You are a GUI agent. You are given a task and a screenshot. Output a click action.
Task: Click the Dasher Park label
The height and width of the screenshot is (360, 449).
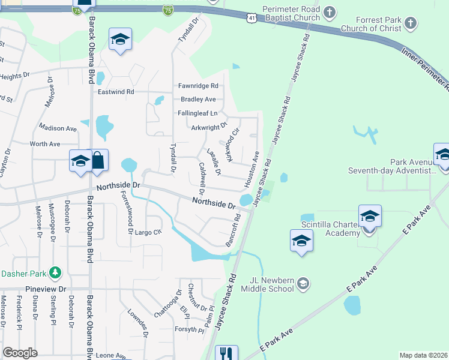[24, 274]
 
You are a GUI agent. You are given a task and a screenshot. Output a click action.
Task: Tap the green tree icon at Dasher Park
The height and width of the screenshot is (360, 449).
[55, 274]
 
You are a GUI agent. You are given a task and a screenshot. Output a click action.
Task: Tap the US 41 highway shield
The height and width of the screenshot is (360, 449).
[252, 19]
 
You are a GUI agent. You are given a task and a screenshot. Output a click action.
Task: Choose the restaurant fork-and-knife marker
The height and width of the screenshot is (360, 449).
[226, 353]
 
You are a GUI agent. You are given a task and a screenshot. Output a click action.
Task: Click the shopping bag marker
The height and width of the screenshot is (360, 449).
[97, 161]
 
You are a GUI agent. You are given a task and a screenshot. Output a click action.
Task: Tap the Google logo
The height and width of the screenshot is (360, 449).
[20, 353]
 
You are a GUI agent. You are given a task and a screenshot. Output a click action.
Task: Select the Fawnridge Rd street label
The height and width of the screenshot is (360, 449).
[197, 86]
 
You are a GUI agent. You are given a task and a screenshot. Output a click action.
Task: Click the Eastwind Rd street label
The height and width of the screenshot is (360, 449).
[116, 92]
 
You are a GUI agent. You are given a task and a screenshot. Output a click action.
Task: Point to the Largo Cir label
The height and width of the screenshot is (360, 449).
[148, 232]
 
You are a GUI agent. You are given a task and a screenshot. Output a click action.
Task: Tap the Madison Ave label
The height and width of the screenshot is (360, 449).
[58, 128]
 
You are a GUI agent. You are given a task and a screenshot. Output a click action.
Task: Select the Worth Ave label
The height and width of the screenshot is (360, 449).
[45, 144]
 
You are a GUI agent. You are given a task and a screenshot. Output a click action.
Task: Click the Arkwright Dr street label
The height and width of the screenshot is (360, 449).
[209, 126]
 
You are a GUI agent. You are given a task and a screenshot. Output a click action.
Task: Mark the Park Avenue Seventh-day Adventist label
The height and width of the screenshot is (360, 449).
[394, 166]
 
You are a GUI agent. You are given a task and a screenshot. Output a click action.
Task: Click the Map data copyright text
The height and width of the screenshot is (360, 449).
[423, 355]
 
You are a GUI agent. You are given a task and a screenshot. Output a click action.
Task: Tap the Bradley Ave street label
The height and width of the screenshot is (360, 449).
[198, 99]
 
